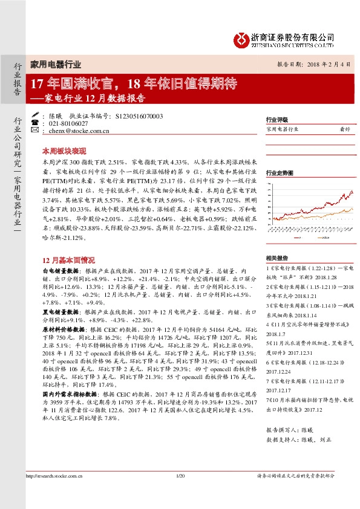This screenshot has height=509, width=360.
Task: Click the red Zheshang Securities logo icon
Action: [240, 41]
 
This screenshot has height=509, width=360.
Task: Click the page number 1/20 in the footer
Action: [180, 493]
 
